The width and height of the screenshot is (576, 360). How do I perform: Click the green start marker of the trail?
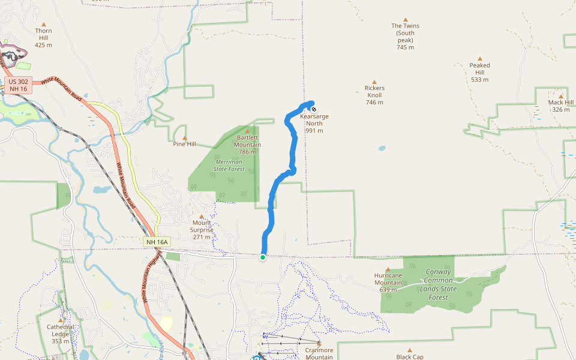click(x=263, y=257)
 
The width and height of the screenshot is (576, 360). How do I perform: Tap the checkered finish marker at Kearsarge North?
click(x=313, y=109)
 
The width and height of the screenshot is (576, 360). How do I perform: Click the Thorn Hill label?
click(x=43, y=37)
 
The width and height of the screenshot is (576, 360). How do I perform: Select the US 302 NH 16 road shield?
click(x=19, y=85)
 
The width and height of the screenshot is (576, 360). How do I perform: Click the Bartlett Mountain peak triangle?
click(x=247, y=130)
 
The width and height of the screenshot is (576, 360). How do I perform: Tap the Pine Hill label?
click(x=184, y=144)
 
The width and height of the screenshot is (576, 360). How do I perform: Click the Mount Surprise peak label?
click(x=202, y=229)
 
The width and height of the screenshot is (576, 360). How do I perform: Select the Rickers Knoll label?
click(x=374, y=95)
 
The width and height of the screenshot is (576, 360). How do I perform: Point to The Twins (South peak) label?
click(x=405, y=36)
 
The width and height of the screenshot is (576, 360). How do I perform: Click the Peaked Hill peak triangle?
click(x=480, y=59)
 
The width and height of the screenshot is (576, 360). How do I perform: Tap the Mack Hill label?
click(x=561, y=106)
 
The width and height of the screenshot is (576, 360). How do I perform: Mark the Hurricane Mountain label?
click(x=388, y=283)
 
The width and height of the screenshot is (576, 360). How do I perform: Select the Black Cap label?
click(x=410, y=356)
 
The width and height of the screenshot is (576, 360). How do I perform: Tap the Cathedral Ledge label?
click(x=61, y=334)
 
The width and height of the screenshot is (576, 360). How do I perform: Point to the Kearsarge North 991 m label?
click(x=314, y=123)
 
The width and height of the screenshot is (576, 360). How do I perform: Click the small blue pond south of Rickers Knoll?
click(x=382, y=148)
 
